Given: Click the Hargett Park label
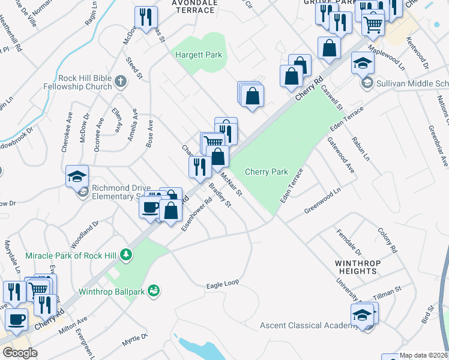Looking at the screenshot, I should point(199,55).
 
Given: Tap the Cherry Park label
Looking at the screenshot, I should point(267,172).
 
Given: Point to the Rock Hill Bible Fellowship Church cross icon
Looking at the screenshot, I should point(120,82).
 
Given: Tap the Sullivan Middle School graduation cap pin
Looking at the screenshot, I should point(363,64).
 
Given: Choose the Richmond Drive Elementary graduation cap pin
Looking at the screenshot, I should point(77,177).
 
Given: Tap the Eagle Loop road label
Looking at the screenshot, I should point(222,285).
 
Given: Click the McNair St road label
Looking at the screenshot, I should point(231,184).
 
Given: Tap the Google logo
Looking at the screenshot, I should point(20,353).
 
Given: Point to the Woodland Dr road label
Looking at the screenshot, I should point(83,236).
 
